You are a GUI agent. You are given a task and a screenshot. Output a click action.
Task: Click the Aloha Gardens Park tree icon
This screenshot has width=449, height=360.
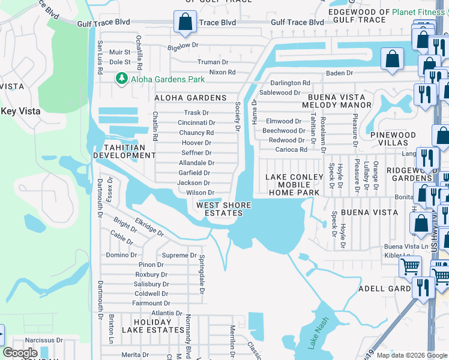[121, 79]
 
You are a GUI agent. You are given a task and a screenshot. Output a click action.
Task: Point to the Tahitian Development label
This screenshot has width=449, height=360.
[124, 151]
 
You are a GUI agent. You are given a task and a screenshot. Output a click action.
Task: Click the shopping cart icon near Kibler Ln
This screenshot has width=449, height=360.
[410, 266]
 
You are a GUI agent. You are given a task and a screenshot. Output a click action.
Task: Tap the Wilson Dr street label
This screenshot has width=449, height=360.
[200, 193]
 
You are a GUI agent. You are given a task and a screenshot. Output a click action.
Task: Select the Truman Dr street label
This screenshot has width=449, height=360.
[213, 62]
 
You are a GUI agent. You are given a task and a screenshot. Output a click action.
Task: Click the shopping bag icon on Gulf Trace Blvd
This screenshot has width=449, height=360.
[185, 22]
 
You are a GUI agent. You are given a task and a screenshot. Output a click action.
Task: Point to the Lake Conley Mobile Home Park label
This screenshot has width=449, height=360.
[294, 184]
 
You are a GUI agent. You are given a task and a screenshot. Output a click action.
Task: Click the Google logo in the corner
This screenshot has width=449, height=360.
[20, 353]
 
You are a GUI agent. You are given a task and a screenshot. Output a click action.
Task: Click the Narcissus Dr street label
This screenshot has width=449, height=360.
[43, 340]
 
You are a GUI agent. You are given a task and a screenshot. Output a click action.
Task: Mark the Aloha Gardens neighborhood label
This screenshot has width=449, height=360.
[190, 98]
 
